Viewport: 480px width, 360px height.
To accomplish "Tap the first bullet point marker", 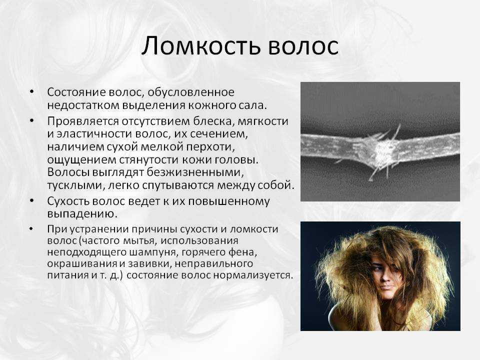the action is tap(32, 91).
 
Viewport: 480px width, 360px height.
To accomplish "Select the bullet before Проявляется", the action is tap(32, 120).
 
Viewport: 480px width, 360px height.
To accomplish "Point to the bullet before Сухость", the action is tap(32, 200).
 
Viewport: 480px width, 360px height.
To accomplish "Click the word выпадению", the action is tap(82, 213).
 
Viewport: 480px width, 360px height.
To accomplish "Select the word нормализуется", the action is tap(253, 275).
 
